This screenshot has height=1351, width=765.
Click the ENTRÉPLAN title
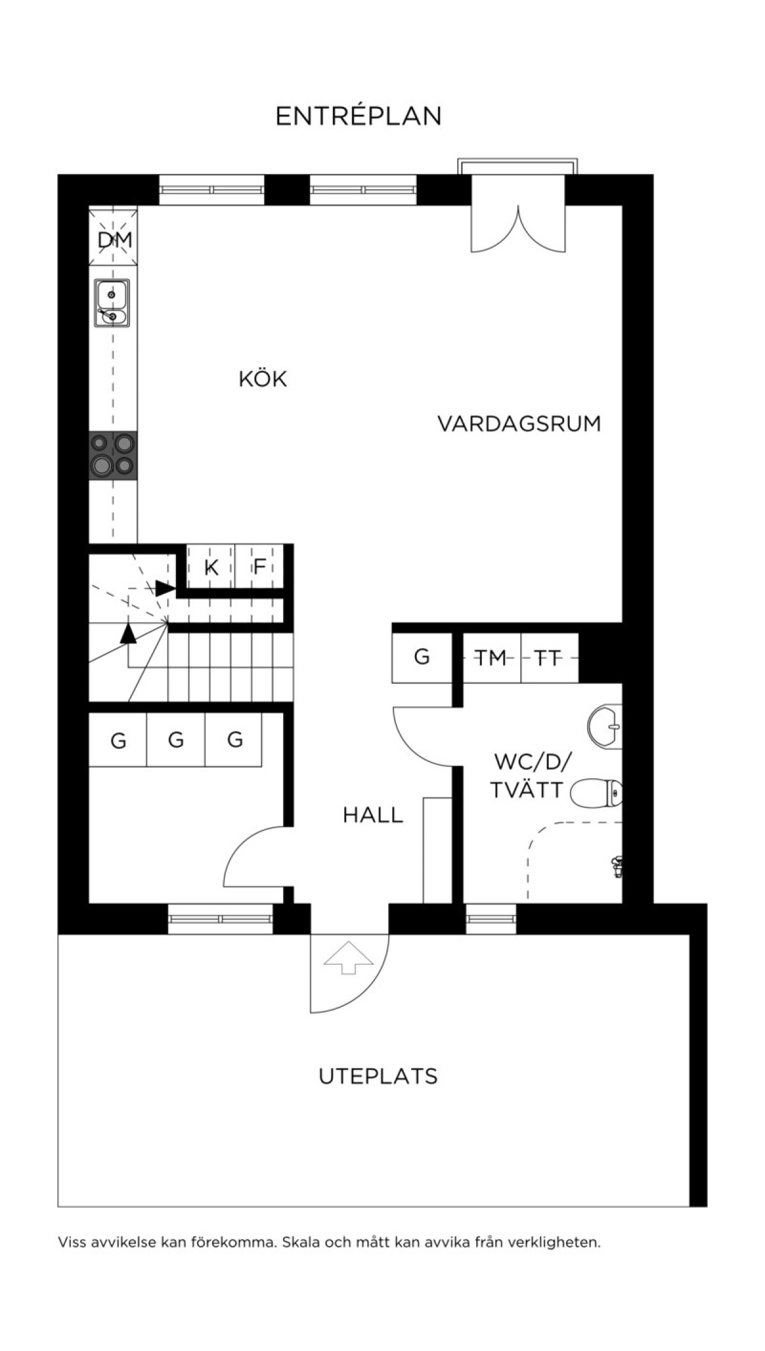point(358,116)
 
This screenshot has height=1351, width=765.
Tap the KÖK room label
point(263,379)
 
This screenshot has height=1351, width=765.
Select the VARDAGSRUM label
point(519,424)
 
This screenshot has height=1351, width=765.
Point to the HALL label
point(373,815)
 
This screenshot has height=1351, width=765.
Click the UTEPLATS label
point(378,1076)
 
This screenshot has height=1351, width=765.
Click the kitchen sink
point(112,303)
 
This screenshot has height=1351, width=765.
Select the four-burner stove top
point(113,456)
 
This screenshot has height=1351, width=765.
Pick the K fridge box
point(211,567)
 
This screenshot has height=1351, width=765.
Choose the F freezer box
point(259,567)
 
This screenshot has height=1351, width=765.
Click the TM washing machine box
point(492,658)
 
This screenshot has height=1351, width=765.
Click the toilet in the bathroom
point(597,793)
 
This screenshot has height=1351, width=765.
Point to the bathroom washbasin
point(604,726)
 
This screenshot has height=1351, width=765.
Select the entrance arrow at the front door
point(348,957)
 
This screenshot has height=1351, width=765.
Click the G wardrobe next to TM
point(422,658)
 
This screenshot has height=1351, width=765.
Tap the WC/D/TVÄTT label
point(528,776)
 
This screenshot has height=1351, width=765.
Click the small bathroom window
point(491,919)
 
